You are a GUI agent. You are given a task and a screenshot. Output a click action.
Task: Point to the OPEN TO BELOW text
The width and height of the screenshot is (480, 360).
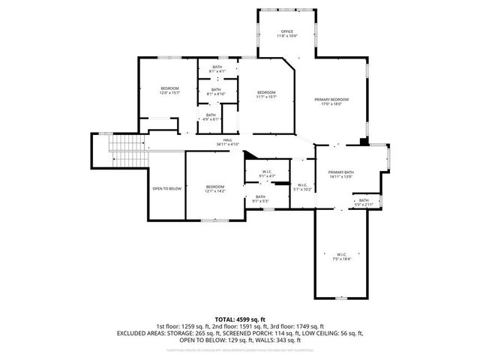166,188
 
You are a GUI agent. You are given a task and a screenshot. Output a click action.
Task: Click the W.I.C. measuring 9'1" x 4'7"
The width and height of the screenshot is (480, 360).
267,173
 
